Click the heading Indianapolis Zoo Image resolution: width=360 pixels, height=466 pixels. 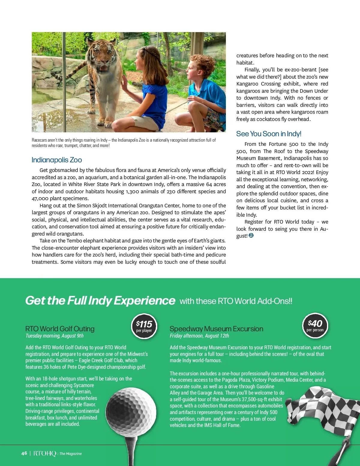tap(57, 160)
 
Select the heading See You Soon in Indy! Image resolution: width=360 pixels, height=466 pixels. tap(268, 134)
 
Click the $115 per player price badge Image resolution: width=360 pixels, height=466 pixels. tap(144, 326)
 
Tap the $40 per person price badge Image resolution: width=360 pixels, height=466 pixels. tap(315, 326)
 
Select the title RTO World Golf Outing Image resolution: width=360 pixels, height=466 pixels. tap(60, 329)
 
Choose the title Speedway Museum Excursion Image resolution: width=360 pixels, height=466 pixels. tap(216, 329)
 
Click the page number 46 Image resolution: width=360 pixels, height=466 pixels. tap(24, 453)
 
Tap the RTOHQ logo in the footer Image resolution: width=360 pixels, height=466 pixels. tap(45, 453)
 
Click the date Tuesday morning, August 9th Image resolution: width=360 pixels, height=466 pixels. tap(55, 336)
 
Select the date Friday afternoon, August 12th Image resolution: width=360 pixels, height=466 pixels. tap(199, 336)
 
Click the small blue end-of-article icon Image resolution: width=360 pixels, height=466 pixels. tap(251, 236)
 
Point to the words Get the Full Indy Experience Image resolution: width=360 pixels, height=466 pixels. tap(100, 301)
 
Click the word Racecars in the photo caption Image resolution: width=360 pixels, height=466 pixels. tap(39, 140)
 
